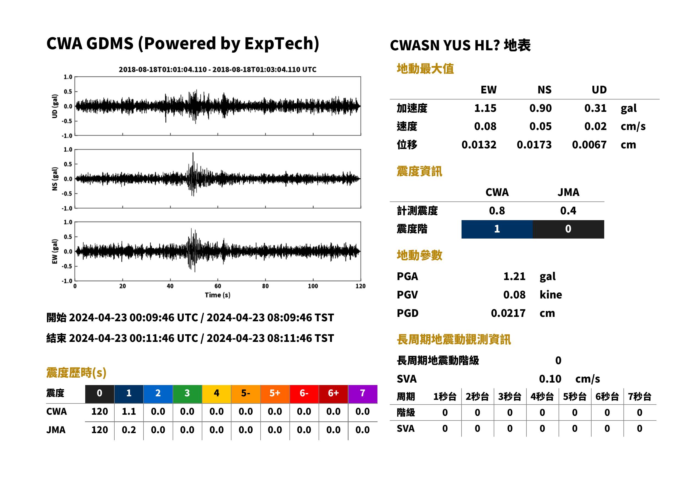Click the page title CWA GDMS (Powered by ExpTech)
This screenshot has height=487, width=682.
tap(183, 43)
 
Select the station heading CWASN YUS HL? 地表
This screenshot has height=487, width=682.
tap(460, 45)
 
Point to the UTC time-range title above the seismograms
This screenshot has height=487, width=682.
tap(217, 70)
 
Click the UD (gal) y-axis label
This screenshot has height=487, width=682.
tap(55, 106)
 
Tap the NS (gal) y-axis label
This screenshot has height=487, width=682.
tap(55, 179)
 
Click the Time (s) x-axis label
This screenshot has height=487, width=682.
tap(217, 295)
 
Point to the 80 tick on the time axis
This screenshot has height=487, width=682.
tap(265, 286)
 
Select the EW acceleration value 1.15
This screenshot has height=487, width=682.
tap(485, 108)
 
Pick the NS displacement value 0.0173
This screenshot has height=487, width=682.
tap(534, 145)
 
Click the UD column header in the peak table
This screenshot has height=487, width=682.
tap(599, 90)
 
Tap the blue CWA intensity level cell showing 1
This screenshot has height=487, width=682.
tap(497, 229)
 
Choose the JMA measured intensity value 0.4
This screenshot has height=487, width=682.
tap(568, 211)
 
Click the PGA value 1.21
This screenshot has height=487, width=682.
tap(514, 276)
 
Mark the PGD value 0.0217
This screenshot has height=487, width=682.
tap(508, 313)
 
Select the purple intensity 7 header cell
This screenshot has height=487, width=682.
tap(363, 394)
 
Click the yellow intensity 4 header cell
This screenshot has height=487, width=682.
tap(217, 394)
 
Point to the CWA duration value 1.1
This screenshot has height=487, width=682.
tap(129, 412)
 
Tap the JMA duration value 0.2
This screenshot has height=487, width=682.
tap(129, 430)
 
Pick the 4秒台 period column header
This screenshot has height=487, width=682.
tap(542, 397)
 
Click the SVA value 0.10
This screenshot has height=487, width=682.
tap(550, 379)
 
